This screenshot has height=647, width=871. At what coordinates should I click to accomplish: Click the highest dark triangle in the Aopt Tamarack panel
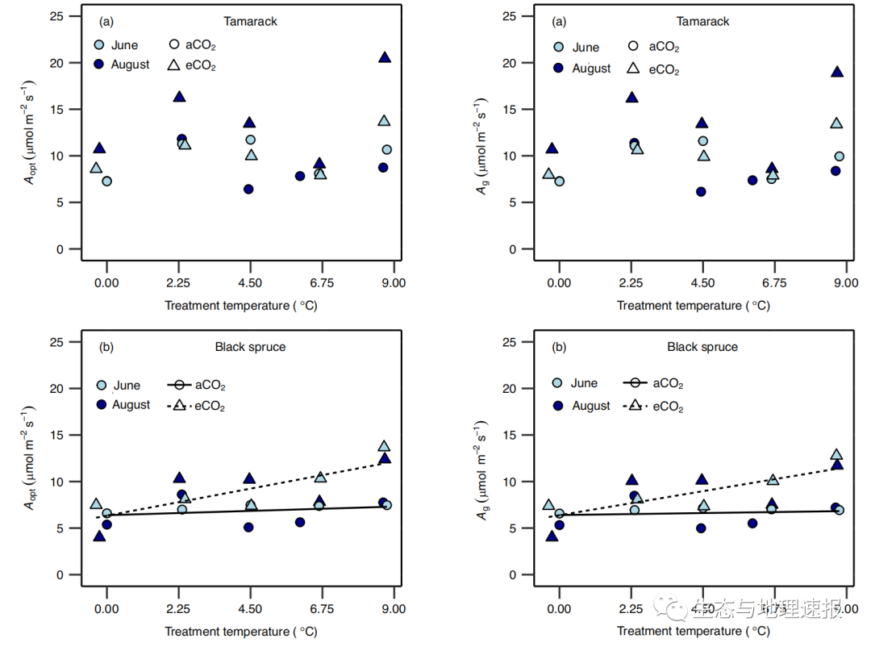click(x=385, y=57)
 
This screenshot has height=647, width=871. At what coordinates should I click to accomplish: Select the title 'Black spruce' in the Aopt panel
click(x=250, y=348)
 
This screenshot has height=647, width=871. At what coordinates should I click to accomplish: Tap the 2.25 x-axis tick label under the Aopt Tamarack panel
click(x=178, y=282)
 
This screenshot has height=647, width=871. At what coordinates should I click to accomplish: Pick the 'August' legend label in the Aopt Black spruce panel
click(x=131, y=405)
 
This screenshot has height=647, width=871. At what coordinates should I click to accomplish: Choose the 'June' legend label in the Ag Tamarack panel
click(x=586, y=48)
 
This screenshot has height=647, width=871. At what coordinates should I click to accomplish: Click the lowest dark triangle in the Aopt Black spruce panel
click(x=99, y=536)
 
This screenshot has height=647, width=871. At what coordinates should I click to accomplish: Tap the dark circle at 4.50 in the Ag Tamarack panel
click(x=701, y=192)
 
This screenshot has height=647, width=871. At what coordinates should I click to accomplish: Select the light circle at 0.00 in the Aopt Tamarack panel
click(x=106, y=182)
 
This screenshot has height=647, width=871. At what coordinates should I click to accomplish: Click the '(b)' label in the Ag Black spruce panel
click(x=559, y=348)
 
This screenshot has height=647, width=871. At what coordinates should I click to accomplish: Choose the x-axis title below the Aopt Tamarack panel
click(x=242, y=306)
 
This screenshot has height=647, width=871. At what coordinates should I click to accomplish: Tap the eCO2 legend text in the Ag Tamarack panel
click(x=665, y=70)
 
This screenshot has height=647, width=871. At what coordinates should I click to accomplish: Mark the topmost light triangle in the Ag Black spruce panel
click(x=836, y=455)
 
